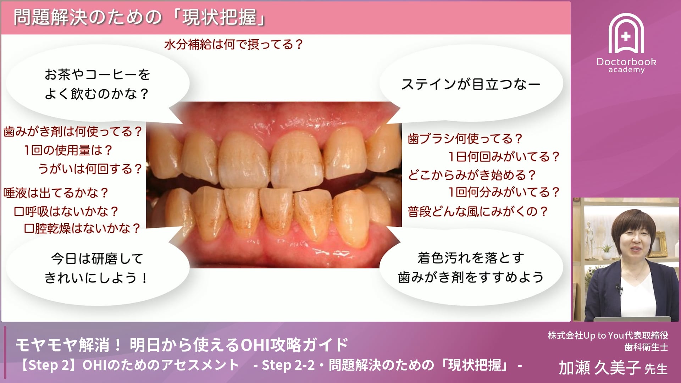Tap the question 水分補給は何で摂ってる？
tap(233, 45)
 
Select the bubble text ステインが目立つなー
tap(471, 84)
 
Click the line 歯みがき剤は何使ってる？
tap(73, 132)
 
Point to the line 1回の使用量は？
tap(68, 150)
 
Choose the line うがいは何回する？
tap(90, 168)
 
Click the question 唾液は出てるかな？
tap(56, 193)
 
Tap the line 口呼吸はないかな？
tap(66, 211)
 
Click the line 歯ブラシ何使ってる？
tap(465, 139)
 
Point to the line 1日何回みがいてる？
tap(504, 156)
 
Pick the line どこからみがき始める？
tap(472, 175)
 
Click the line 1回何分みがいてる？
tap(504, 192)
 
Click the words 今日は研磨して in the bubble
tap(97, 259)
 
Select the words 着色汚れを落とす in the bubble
tap(471, 258)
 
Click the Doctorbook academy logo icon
tap(626, 34)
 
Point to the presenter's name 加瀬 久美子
tap(599, 368)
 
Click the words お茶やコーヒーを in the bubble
tap(97, 75)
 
